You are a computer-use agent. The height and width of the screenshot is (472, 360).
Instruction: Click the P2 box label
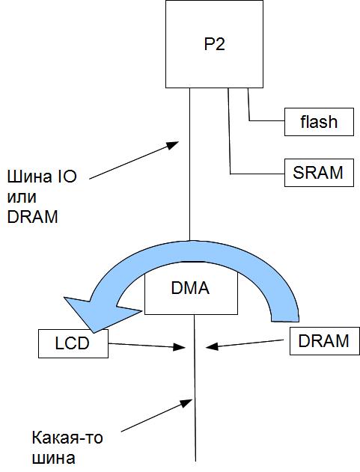tap(215, 44)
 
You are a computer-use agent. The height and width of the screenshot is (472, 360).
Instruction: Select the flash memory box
tap(319, 122)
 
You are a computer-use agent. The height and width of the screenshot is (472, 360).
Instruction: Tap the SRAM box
tap(319, 173)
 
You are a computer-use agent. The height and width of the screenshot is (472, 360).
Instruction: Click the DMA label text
tap(190, 288)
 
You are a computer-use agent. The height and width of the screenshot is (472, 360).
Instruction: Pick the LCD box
tap(73, 343)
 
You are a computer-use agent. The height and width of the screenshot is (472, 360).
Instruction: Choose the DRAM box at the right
tap(325, 341)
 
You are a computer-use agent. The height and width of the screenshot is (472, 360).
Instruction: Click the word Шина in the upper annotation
tap(25, 177)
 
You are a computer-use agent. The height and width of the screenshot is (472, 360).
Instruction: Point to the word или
tap(22, 197)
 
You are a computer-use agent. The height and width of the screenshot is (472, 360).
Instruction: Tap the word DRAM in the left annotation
tap(32, 217)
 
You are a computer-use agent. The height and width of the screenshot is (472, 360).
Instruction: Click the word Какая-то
tap(67, 438)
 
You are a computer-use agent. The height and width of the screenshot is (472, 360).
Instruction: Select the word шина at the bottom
tap(54, 459)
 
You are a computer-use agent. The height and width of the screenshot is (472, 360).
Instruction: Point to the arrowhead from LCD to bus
tap(180, 347)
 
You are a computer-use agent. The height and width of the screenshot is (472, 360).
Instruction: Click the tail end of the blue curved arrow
tap(285, 320)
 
